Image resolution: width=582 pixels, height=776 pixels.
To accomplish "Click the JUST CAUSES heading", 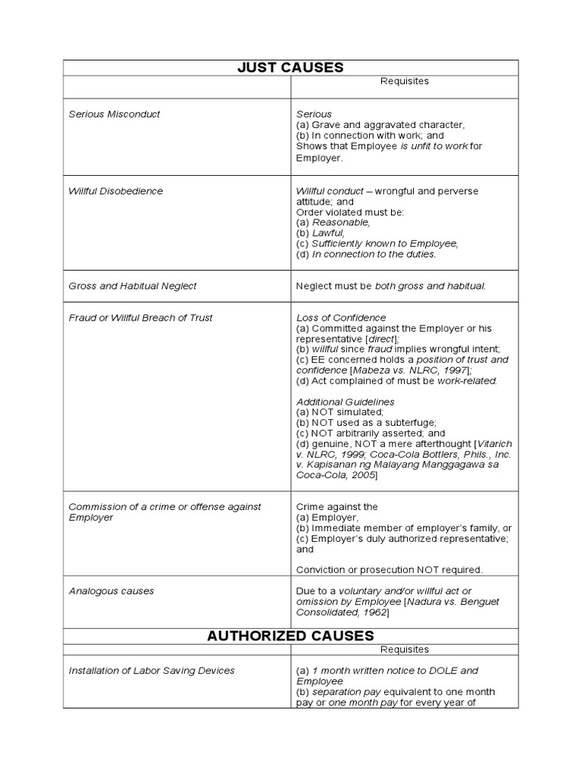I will click(x=290, y=67).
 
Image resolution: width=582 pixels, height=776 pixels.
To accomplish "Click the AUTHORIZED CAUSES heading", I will click(x=290, y=635).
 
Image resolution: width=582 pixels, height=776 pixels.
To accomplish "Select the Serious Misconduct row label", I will click(x=114, y=114).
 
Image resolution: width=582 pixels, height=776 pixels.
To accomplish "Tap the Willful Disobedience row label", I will click(x=116, y=191).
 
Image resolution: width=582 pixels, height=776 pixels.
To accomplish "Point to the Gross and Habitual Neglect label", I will click(x=133, y=286).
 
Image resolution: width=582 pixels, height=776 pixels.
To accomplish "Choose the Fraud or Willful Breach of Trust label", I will click(x=140, y=318).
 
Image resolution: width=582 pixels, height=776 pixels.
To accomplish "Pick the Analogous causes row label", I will click(x=111, y=590).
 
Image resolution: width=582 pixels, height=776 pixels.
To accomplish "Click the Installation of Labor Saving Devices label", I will click(x=152, y=670).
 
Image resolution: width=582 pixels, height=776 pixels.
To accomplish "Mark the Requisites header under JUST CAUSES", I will click(x=404, y=81).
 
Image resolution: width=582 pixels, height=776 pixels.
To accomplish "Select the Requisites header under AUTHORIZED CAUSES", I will click(x=404, y=649).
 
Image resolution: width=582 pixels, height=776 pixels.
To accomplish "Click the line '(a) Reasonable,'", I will click(x=333, y=223).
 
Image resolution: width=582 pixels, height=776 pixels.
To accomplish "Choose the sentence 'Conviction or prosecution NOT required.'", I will click(x=390, y=569).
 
